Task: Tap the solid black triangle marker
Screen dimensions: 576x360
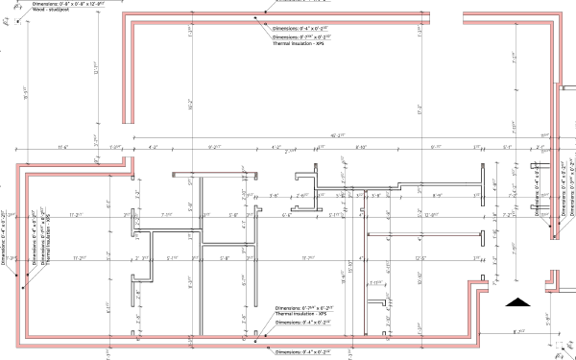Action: pyautogui.click(x=518, y=302)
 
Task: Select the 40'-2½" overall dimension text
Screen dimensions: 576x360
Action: pyautogui.click(x=338, y=135)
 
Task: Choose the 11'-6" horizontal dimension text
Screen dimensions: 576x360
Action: pyautogui.click(x=64, y=147)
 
